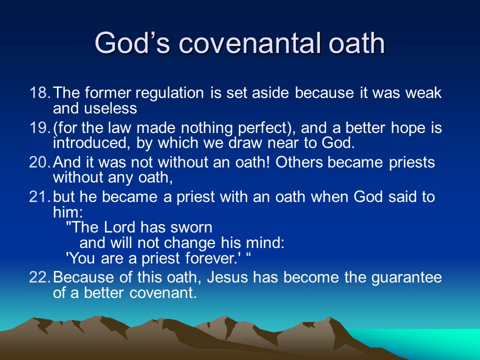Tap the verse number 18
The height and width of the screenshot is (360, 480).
point(39,93)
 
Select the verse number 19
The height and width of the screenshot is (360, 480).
point(39,127)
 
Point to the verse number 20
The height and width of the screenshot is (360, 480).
point(39,162)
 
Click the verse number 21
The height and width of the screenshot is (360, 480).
point(39,196)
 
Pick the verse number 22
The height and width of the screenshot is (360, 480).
point(39,277)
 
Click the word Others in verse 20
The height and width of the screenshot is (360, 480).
point(299,162)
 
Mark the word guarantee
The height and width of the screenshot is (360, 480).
point(406,278)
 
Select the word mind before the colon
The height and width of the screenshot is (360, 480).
point(263,243)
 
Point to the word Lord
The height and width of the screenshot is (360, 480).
point(119,227)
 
